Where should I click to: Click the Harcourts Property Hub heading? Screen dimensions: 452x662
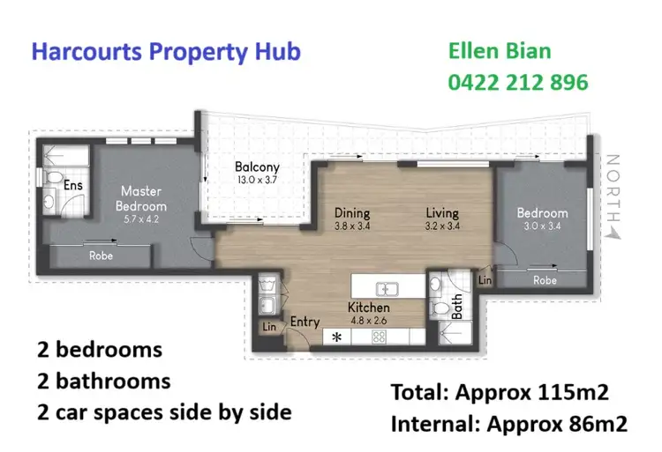coord(166,51)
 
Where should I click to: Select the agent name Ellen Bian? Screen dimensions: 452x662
coord(500,51)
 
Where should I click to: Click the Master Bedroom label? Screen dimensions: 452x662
coord(143,197)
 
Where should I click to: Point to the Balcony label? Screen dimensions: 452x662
coord(257,167)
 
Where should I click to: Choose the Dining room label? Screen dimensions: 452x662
coord(351,212)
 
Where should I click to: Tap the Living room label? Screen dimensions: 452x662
coord(441,212)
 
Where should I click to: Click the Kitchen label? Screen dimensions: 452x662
coord(369,308)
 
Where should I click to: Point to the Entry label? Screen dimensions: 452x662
coord(305,322)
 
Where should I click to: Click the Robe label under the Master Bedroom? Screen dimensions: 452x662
coord(102,256)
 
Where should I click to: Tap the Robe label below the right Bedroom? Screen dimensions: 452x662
coord(545,280)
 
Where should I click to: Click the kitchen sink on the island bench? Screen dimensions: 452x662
coord(386,287)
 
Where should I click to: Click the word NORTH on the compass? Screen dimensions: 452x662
coord(614,187)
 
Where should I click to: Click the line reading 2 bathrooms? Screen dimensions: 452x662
coord(103,381)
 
